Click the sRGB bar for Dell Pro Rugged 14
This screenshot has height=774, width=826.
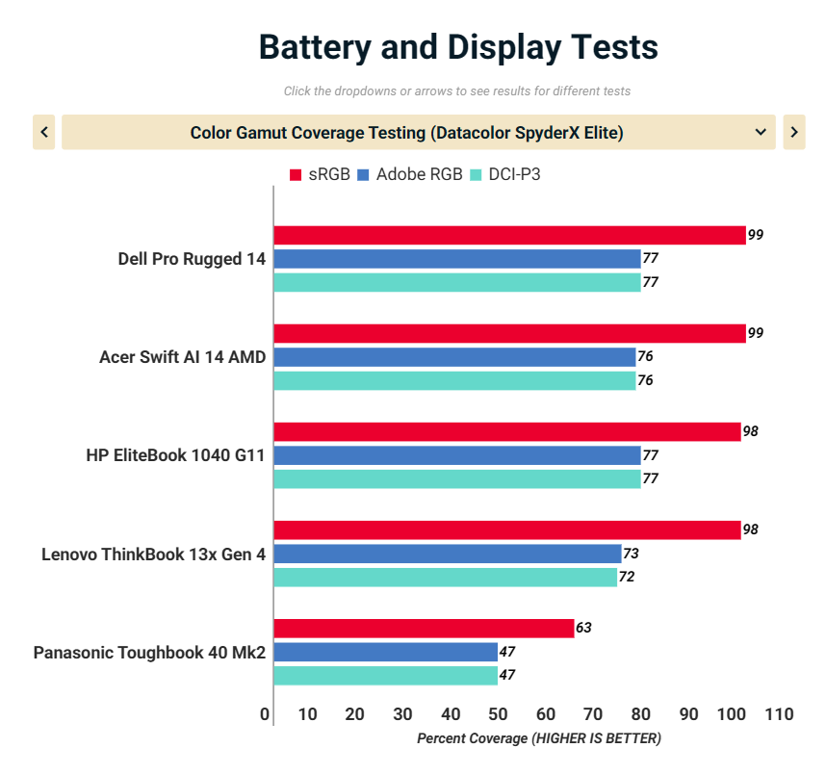(509, 235)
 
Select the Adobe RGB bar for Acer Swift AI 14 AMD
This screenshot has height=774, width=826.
(454, 357)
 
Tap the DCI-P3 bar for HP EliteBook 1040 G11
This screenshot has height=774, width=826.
(456, 478)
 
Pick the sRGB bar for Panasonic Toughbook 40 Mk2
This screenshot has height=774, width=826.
(424, 629)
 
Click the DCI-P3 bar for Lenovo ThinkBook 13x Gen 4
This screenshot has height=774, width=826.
(445, 578)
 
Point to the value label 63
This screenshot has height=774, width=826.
(583, 629)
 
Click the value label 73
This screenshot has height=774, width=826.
(631, 554)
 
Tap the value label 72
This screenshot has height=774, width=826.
(627, 578)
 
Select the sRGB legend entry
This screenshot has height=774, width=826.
(321, 174)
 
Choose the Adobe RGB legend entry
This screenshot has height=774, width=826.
(411, 174)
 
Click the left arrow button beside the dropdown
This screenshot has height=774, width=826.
(43, 132)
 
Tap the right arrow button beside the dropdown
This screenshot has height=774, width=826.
(793, 132)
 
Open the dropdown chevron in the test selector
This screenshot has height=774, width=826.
(761, 132)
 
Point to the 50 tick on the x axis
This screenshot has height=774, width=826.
(498, 714)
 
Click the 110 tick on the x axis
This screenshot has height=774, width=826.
(779, 714)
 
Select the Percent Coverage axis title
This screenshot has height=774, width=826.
(539, 738)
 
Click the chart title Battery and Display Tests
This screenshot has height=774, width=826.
(458, 46)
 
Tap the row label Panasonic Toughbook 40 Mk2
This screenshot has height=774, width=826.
(149, 653)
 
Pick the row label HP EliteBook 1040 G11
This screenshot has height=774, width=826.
(175, 455)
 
